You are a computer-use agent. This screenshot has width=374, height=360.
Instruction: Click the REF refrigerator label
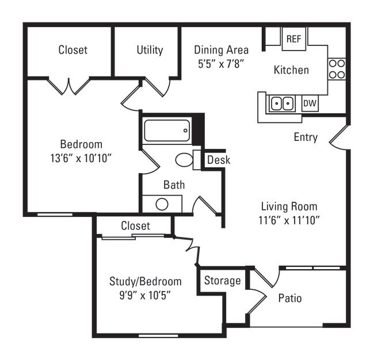293,39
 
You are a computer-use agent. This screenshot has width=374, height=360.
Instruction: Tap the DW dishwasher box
310,104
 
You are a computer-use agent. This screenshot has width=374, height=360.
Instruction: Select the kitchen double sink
282,104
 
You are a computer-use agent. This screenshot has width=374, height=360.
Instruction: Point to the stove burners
337,69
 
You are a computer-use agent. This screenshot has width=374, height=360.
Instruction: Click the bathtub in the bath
166,131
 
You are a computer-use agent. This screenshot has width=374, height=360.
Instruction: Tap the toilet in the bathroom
184,159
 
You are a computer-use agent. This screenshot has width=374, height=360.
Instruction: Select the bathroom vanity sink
162,204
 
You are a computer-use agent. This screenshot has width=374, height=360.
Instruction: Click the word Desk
218,160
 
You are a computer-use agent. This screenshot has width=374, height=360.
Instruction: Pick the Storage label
223,281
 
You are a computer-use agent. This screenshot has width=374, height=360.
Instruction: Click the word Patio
290,298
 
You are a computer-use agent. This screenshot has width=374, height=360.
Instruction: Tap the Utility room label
150,50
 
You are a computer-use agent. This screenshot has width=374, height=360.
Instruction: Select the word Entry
306,137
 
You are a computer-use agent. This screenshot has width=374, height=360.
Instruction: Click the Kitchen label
291,70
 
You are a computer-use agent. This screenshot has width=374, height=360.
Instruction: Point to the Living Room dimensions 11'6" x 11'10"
289,219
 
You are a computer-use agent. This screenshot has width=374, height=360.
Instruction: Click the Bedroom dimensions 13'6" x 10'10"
81,157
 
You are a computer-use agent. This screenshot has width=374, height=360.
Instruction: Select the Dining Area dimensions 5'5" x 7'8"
222,63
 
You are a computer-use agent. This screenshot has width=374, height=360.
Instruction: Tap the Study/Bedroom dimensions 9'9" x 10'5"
145,294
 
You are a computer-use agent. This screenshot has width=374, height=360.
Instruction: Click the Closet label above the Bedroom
73,50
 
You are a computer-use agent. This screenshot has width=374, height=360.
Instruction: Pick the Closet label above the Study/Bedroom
135,226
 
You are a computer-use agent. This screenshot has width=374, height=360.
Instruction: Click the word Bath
174,185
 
